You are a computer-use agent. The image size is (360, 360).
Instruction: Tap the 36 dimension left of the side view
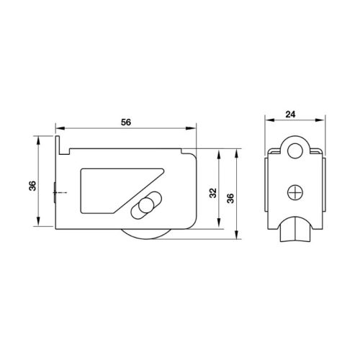32,186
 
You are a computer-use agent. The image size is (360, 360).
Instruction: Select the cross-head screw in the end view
294,192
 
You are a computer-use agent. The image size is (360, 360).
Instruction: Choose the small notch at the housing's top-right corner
189,150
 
